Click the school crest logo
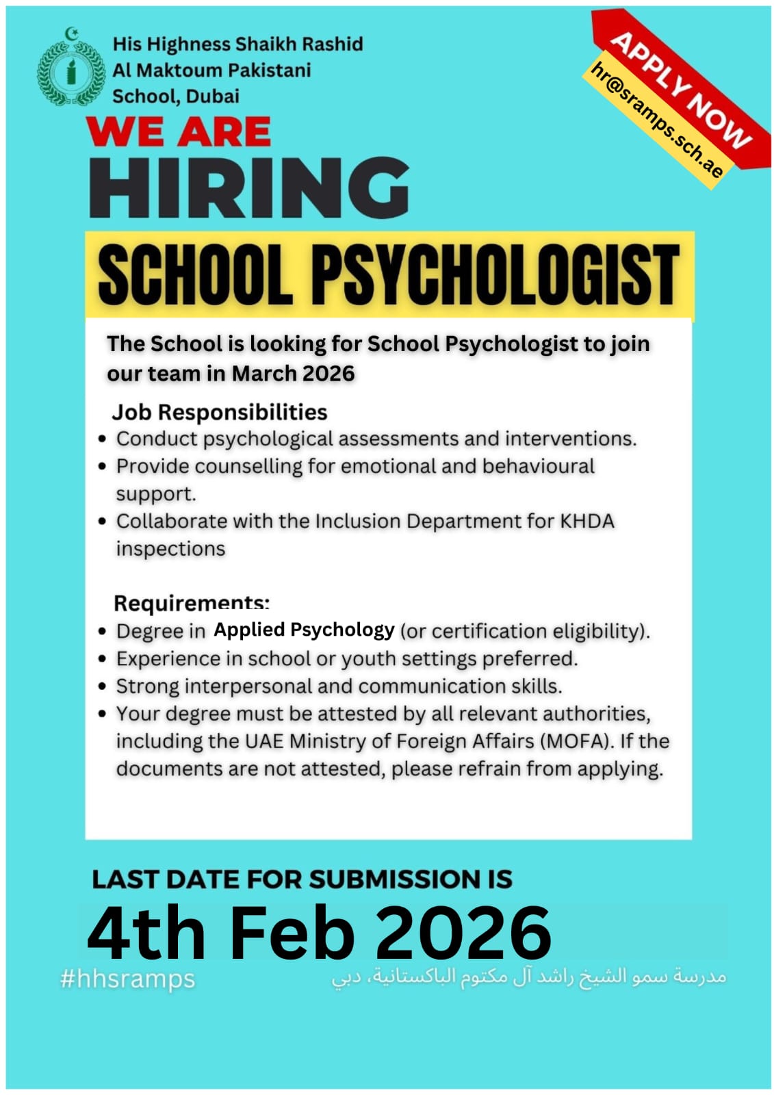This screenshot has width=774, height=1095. click(70, 70)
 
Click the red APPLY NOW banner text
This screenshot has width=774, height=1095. click(680, 89)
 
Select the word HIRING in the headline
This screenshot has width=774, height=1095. click(249, 188)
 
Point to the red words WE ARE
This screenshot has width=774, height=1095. click(179, 131)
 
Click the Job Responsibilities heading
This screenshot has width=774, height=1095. click(219, 412)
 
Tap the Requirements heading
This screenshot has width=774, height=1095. click(191, 603)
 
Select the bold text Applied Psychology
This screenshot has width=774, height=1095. click(304, 629)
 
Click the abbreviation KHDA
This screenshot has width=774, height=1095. click(587, 521)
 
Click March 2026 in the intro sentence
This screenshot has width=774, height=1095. click(293, 374)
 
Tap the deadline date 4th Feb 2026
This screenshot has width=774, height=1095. click(319, 932)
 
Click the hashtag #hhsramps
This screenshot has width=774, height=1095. click(127, 979)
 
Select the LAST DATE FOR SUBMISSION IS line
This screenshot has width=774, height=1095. click(302, 879)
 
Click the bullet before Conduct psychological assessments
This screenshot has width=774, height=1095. click(102, 439)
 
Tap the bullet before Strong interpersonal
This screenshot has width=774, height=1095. click(102, 686)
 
